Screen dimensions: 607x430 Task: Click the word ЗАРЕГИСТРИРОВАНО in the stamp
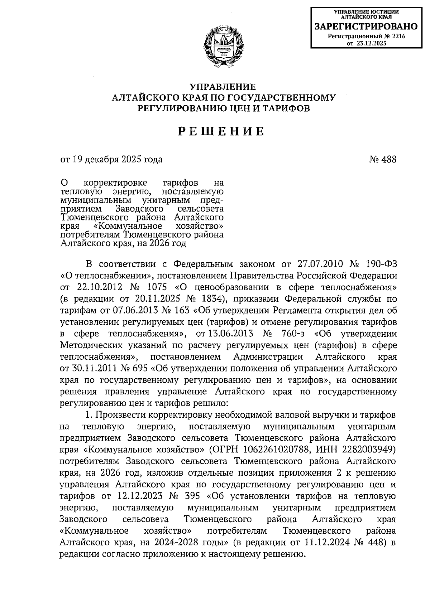tap(366, 26)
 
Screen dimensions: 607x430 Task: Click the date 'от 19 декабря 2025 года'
tap(111, 159)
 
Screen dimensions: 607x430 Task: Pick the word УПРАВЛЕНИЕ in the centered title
tap(223, 87)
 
